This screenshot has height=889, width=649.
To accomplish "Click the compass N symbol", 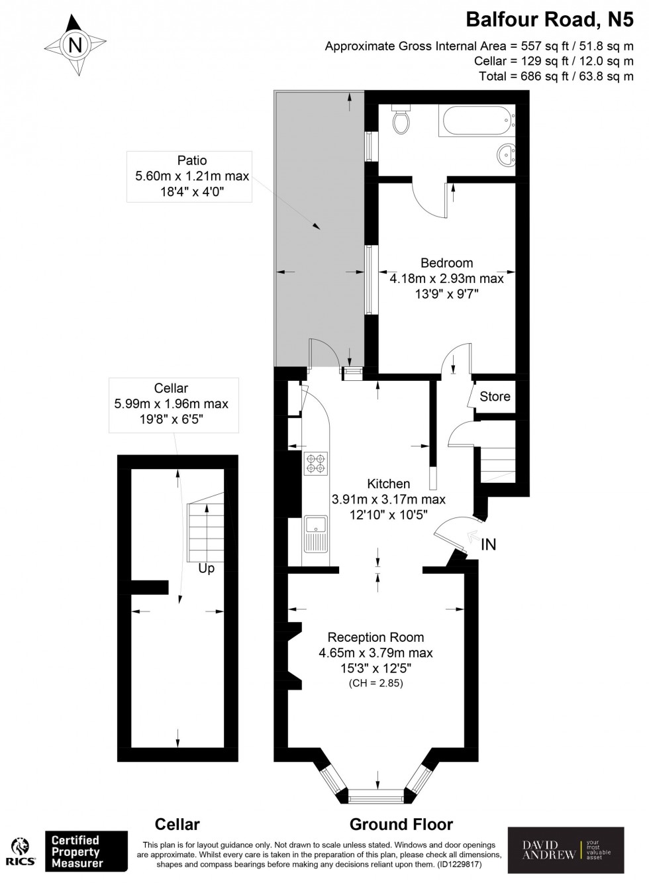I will [75, 45].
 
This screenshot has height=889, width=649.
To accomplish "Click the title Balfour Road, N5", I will [549, 19].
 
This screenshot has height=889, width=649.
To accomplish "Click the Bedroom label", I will [446, 263].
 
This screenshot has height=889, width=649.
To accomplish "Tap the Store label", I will [495, 396].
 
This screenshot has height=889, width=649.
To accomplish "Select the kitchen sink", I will [316, 533].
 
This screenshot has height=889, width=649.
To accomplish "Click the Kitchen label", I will [388, 484].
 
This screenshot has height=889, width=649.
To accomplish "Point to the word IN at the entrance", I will [488, 545].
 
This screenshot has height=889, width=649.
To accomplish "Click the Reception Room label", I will [375, 637].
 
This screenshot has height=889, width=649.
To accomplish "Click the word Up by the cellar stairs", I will [206, 568].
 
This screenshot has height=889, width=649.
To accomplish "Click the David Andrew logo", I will [565, 850].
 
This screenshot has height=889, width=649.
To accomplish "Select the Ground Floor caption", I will [401, 824].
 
